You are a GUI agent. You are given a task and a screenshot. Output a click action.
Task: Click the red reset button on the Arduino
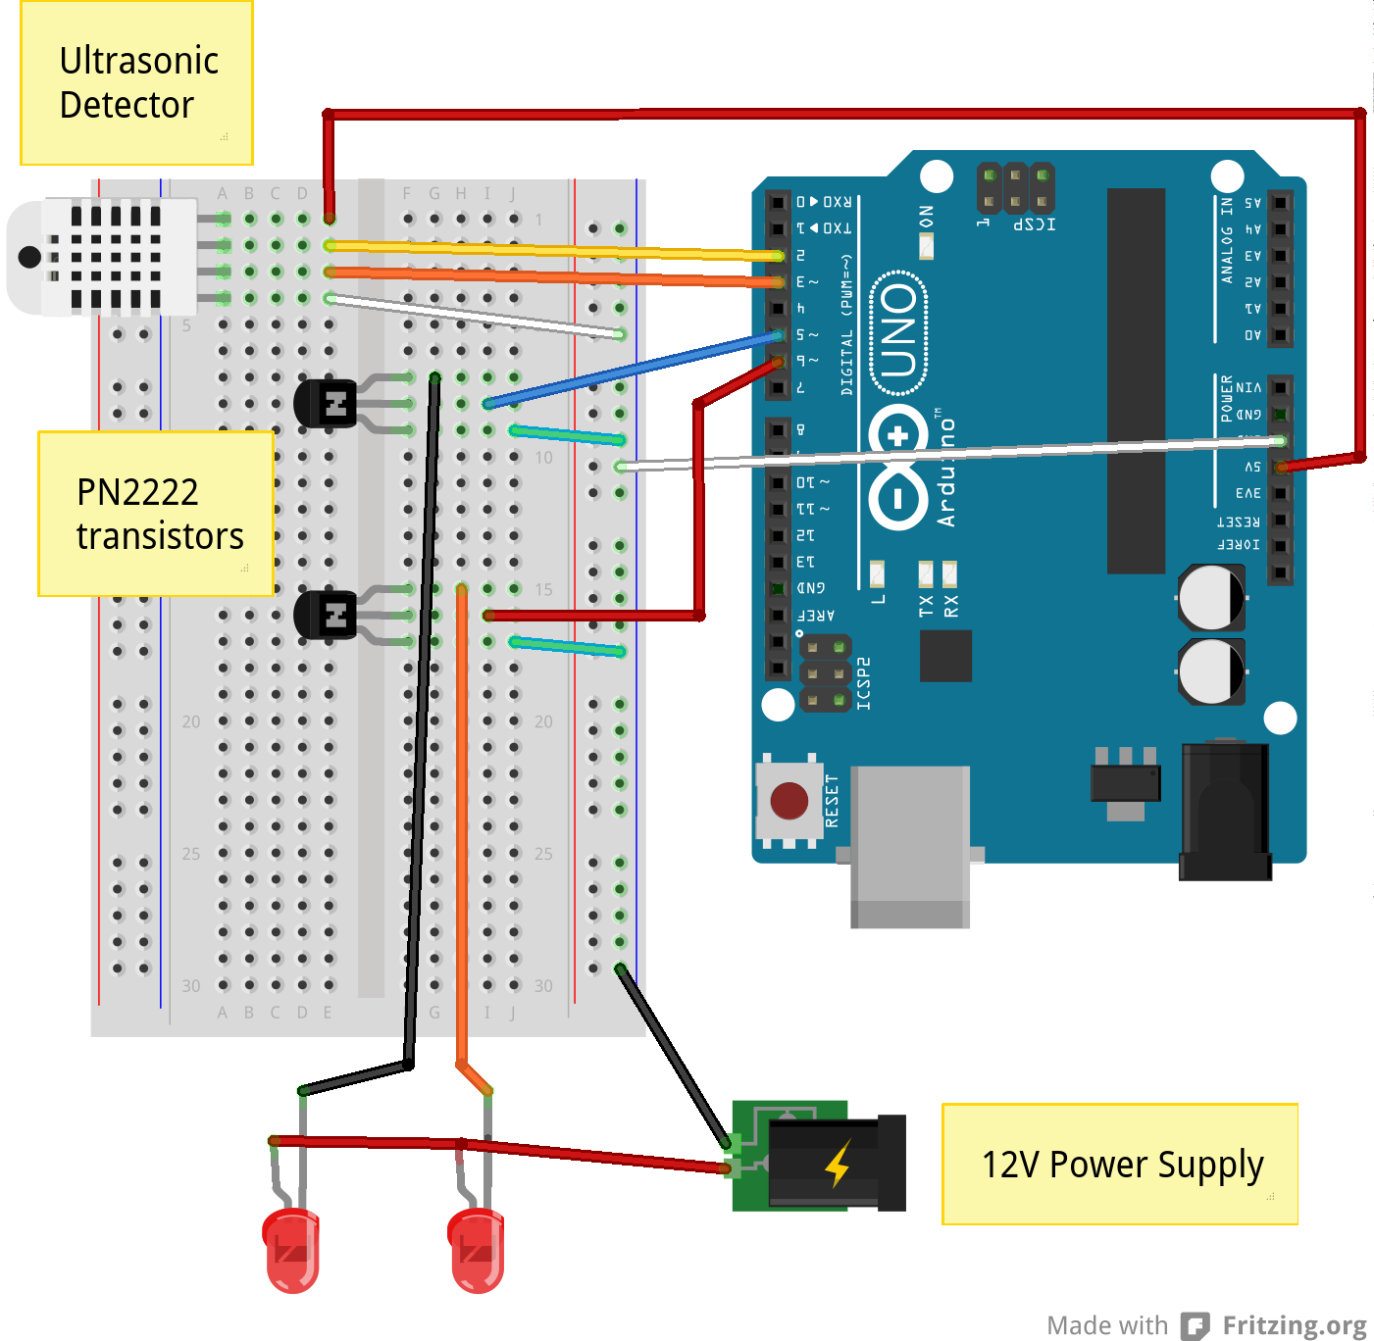point(789,801)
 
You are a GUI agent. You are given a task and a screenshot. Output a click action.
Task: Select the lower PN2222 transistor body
point(325,615)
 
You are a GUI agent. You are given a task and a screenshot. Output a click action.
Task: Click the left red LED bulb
point(291,1250)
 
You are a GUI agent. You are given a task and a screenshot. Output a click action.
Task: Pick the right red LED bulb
point(476,1250)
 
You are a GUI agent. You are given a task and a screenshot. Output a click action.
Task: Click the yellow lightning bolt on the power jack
point(837,1164)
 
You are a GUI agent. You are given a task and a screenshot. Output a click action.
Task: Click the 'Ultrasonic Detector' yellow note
point(136,83)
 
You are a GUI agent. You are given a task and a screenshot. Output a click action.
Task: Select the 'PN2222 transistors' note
point(155,514)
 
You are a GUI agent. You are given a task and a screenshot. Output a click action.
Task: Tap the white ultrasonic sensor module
point(103,257)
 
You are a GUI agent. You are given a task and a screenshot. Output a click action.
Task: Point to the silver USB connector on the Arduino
point(909,845)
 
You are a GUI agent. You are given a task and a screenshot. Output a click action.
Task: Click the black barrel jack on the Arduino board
point(1226,812)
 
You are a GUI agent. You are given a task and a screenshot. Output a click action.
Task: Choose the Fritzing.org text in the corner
point(1294,1325)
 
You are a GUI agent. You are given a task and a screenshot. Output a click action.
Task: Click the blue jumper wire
point(633,371)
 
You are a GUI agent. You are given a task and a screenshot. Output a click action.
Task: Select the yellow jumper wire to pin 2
point(554,250)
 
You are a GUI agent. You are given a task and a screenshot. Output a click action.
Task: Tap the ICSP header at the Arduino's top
point(1015,187)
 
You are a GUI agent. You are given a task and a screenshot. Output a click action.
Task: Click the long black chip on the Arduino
point(1136,380)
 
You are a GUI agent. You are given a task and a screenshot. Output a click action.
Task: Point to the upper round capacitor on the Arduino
point(1211,597)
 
